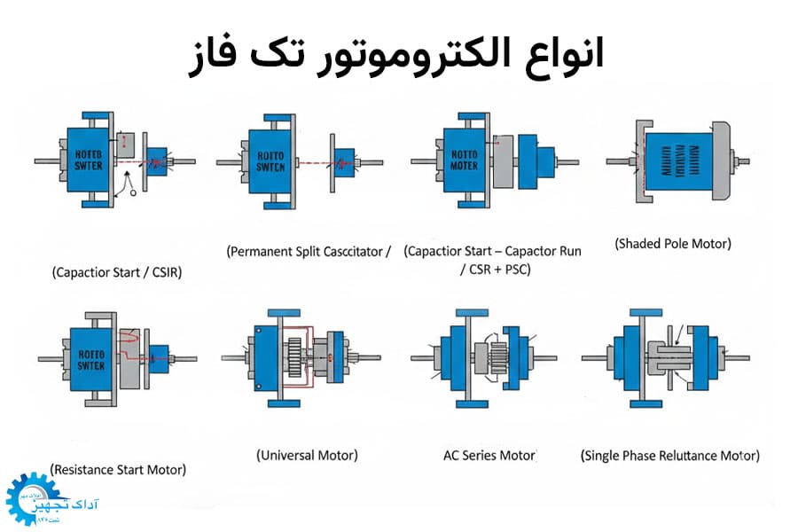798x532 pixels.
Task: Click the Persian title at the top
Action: (399, 55)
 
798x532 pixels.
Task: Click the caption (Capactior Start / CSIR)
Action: (117, 272)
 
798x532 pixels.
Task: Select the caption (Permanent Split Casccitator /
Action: (309, 251)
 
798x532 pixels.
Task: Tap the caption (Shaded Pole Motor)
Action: (673, 243)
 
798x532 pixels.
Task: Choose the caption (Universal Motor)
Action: (307, 455)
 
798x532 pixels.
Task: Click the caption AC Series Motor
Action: (489, 455)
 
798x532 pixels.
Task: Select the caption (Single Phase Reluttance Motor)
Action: (670, 456)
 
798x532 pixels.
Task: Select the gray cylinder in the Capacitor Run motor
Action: (503, 161)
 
